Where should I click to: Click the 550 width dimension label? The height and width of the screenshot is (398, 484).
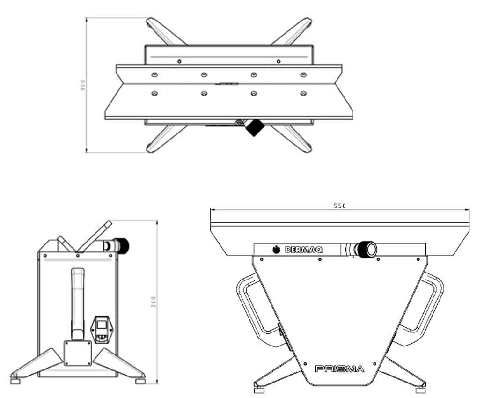[340, 206]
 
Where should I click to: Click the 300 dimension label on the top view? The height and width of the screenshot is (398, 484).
[82, 85]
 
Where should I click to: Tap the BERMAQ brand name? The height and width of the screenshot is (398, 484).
[303, 250]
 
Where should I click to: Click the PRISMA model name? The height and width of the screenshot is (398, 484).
[339, 369]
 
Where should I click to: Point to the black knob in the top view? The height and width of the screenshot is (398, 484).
[255, 127]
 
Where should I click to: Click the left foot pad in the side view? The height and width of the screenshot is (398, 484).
[15, 381]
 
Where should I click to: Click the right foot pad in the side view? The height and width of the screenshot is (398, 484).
[140, 381]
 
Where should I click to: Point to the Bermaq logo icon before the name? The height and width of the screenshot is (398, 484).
[276, 250]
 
